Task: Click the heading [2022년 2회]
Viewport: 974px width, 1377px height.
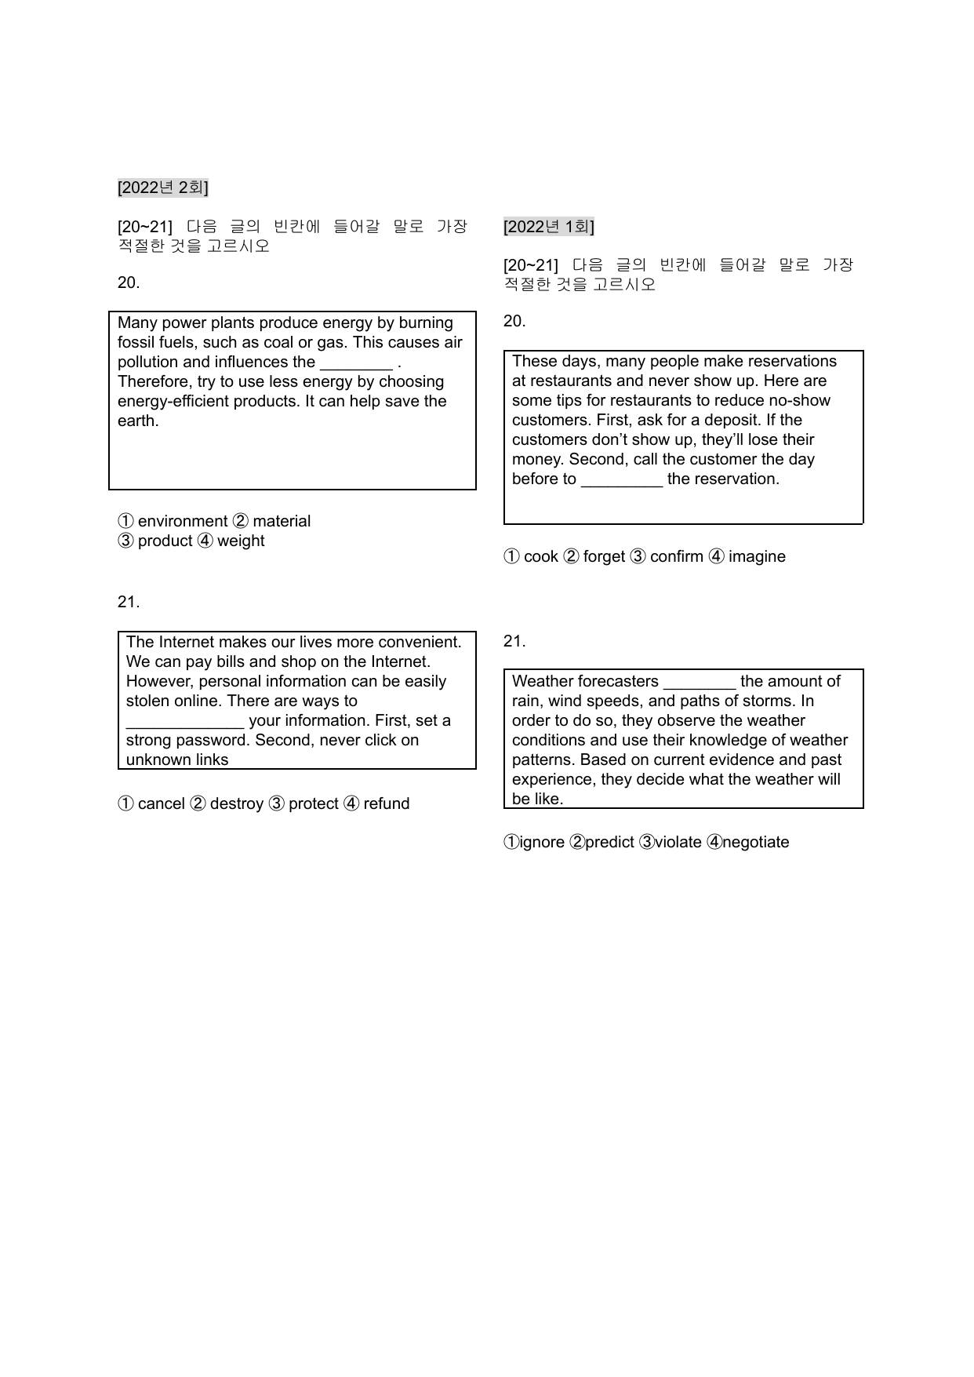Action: click(x=162, y=188)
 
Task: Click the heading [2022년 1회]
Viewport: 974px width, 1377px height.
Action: click(x=548, y=227)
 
